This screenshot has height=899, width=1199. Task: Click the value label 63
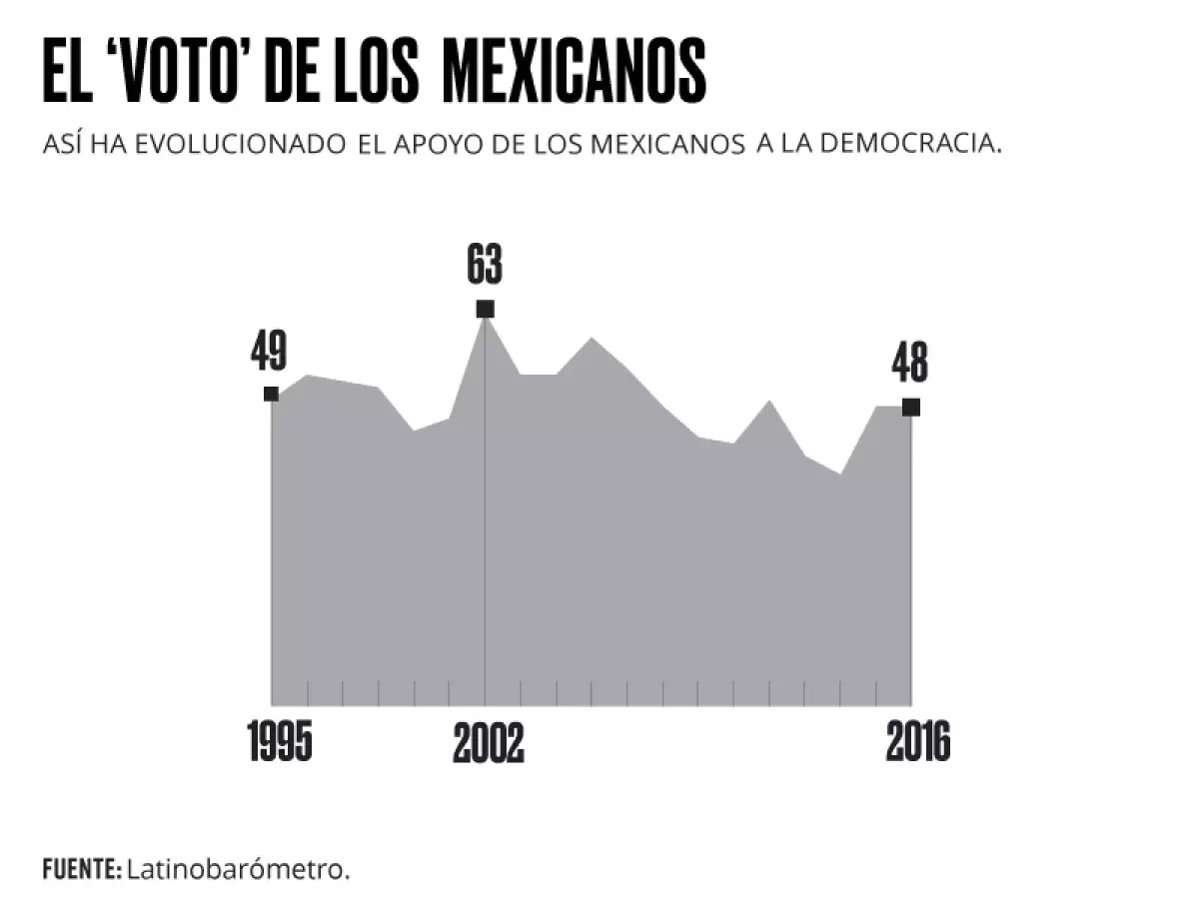click(485, 265)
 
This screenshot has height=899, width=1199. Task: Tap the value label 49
click(269, 352)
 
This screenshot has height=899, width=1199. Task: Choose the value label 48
click(909, 364)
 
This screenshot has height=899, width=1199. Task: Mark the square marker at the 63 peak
click(486, 309)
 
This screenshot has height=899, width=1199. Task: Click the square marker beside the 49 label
click(271, 394)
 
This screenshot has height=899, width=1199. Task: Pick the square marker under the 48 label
click(910, 407)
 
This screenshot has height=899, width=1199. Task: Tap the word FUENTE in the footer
click(81, 869)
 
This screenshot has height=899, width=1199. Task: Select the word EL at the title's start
click(67, 72)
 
